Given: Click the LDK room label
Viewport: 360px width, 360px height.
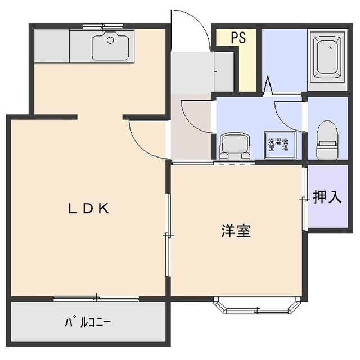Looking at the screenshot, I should tap(88, 208).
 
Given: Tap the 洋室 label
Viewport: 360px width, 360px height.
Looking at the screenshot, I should tap(235, 231).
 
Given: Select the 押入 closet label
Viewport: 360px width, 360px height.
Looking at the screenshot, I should tap(327, 197).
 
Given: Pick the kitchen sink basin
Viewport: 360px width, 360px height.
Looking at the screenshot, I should tap(110, 46).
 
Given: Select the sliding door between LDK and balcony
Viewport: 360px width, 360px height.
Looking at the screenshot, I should tap(96, 298).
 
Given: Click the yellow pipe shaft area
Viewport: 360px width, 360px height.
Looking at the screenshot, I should tap(245, 62).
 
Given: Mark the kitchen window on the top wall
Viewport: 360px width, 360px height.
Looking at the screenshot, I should tap(102, 25).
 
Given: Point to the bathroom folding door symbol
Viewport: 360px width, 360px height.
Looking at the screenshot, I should tap(268, 85).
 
